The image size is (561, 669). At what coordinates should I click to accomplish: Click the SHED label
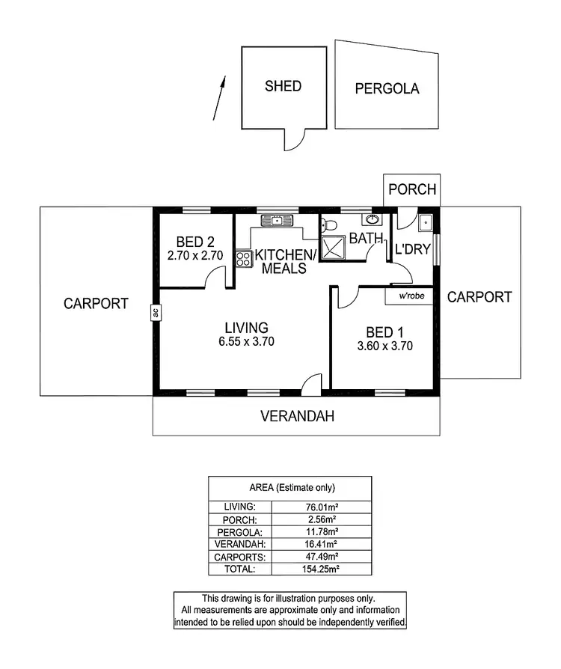point(283,86)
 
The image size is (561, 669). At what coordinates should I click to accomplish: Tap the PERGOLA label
point(387,89)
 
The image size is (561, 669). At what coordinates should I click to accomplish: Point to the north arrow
point(219,97)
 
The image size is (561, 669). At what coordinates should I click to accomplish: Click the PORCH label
point(412,189)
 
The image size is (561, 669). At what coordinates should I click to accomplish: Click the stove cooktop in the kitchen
point(243,258)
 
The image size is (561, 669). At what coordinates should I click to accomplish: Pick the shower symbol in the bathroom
point(332,248)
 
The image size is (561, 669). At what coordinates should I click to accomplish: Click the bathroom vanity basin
point(372,219)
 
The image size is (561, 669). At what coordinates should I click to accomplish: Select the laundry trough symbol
point(426,222)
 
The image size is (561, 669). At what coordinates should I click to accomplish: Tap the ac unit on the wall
point(156,313)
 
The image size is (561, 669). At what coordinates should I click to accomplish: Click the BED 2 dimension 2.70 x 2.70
point(195,255)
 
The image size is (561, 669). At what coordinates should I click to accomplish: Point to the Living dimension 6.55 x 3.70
point(246,342)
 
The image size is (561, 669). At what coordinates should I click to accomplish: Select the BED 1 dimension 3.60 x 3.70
point(385,346)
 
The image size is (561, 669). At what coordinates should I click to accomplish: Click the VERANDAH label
point(296,416)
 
